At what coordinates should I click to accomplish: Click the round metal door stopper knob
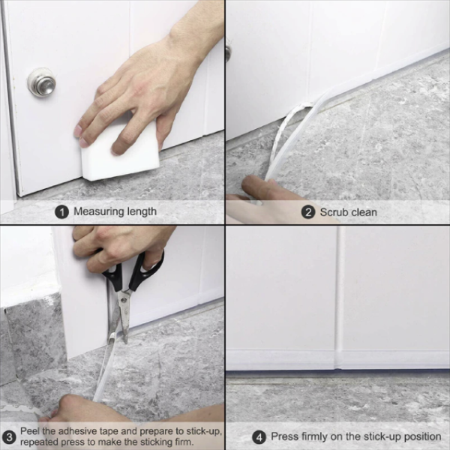(x=41, y=82)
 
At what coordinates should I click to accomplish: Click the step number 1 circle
(x=61, y=212)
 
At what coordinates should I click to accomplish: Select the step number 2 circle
(x=308, y=213)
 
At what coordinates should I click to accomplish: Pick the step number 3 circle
(x=10, y=437)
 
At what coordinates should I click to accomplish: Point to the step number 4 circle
(x=259, y=438)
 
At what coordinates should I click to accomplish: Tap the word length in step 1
(x=142, y=211)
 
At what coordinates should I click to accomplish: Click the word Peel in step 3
(x=30, y=431)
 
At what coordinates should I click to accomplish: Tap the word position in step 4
(x=422, y=437)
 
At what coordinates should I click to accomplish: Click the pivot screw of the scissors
(x=124, y=300)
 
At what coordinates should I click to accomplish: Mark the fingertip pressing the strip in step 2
(x=253, y=184)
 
